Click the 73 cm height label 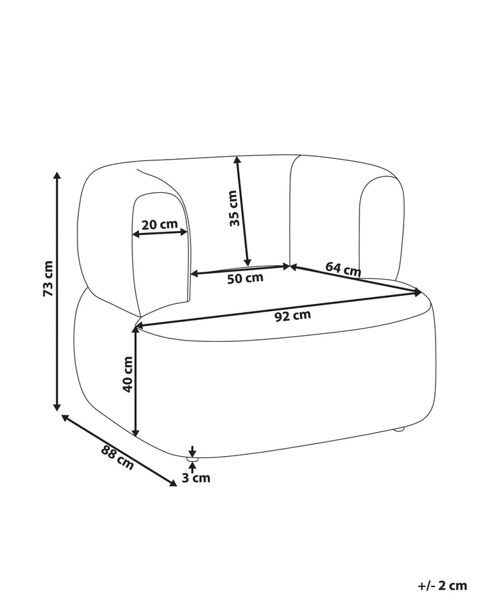pos(47,278)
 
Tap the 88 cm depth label pos(118,457)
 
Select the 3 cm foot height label pos(196,478)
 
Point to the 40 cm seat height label pos(128,374)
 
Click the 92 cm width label pos(293,316)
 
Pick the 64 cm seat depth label pos(343,268)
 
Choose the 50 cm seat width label pos(245,278)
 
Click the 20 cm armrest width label pos(160,224)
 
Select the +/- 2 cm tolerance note pos(442,586)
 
